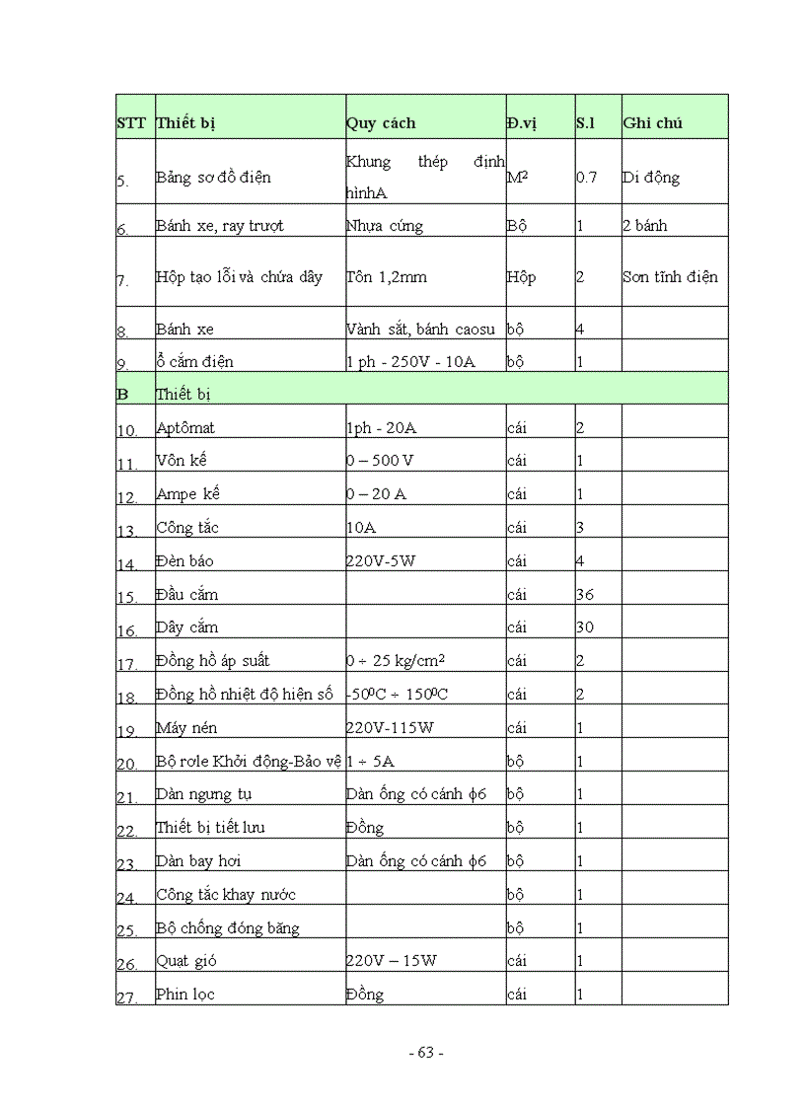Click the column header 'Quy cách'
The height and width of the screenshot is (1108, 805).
(x=381, y=123)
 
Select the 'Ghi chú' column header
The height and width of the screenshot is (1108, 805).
(x=652, y=123)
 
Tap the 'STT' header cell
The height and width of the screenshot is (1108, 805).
(x=131, y=123)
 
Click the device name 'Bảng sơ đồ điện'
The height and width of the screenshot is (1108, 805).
(x=213, y=178)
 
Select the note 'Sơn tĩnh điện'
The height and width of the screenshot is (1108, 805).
(x=670, y=277)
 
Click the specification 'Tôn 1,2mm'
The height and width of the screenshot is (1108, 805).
(x=387, y=277)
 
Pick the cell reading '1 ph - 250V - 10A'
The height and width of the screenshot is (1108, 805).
(x=410, y=362)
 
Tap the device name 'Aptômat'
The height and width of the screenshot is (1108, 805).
(x=185, y=428)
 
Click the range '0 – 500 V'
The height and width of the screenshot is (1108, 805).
(x=380, y=461)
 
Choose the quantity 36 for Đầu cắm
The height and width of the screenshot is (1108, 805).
(x=585, y=595)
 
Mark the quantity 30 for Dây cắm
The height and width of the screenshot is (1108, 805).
(x=585, y=628)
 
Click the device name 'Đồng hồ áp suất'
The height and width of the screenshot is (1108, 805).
(x=213, y=660)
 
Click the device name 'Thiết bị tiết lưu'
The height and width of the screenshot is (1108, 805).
(x=210, y=827)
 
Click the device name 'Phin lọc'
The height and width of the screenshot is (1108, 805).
(x=185, y=994)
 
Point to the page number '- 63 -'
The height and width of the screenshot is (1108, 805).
(x=426, y=1052)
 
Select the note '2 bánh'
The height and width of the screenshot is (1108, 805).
(x=644, y=226)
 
